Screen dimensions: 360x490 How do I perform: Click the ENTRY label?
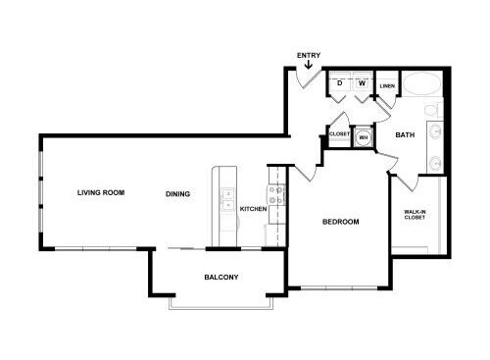[308, 55]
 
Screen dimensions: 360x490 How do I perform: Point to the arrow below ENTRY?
[309, 67]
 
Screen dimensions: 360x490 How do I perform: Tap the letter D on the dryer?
[340, 83]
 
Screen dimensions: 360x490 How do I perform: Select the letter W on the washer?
[362, 83]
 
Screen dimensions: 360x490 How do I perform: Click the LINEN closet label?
[386, 85]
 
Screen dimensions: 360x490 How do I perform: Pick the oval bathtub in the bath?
[425, 85]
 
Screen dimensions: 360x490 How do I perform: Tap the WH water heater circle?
[365, 137]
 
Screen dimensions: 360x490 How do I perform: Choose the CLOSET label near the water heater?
[340, 133]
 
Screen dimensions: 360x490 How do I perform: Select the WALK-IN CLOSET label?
[415, 215]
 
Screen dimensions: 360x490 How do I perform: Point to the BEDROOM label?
[341, 223]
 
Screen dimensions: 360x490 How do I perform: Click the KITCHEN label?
[254, 209]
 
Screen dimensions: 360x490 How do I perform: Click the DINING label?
[177, 193]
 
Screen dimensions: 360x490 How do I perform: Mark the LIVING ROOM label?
[101, 192]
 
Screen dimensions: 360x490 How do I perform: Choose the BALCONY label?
[221, 277]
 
